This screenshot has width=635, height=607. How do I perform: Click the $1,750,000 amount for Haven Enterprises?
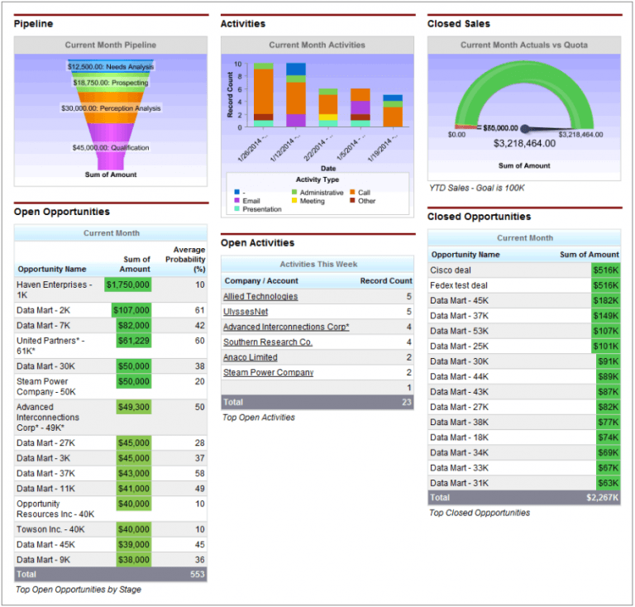coord(128,284)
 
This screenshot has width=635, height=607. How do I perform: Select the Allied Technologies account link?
coord(260,296)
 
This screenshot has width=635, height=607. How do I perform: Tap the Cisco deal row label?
coord(451,270)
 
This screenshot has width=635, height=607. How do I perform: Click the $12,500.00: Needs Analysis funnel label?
coord(110,66)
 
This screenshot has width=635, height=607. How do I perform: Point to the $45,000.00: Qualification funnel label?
coord(110,148)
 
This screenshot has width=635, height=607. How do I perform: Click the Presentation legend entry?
coord(261,210)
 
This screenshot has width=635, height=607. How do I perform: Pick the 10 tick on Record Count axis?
coord(238,65)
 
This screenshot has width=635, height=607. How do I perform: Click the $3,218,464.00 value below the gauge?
coord(524,143)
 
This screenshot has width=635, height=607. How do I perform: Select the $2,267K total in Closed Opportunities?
coord(603,498)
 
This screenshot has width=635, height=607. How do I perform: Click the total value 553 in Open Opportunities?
coord(196,574)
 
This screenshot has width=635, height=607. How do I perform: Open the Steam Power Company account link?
coord(268,372)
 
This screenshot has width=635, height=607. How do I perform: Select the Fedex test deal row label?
coord(459,285)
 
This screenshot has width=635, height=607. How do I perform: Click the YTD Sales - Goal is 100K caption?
coord(476,188)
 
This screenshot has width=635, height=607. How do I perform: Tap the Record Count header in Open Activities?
coord(385,280)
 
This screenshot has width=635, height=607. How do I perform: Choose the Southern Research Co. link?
coord(268,342)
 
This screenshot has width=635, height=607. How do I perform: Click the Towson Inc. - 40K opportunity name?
coord(50,529)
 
